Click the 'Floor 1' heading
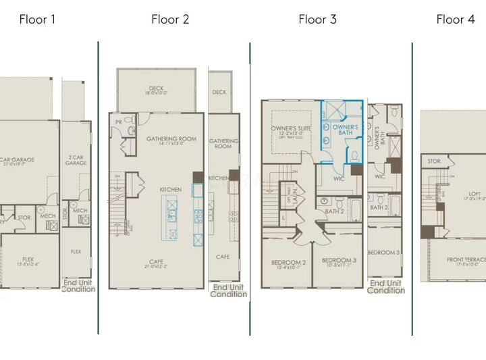37,20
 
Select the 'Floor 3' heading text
317,20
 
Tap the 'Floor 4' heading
455,20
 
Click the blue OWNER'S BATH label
346,130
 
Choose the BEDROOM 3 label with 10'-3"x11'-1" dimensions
339,263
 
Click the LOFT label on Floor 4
475,196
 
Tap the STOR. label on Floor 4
435,161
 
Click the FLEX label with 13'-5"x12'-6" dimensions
28,261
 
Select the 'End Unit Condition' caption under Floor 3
386,286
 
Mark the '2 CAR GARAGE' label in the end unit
76,160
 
